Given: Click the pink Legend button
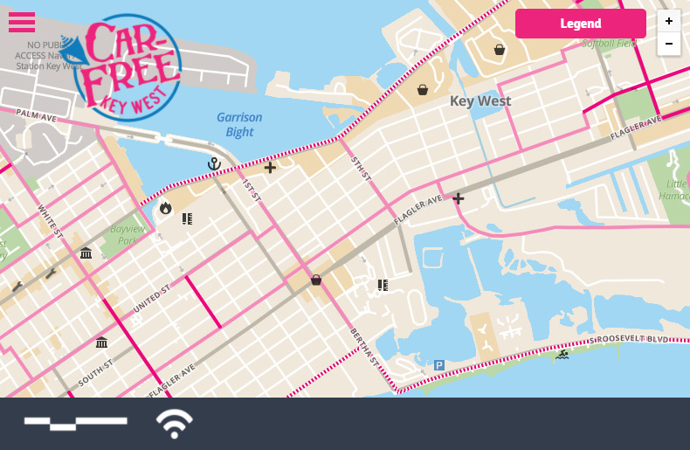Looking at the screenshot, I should (580, 24).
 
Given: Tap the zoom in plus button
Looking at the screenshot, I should (669, 21).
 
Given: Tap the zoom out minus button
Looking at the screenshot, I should (669, 44).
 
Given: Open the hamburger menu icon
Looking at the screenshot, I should (22, 23).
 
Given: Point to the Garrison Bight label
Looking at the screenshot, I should (239, 124).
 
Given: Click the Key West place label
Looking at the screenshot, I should (480, 101).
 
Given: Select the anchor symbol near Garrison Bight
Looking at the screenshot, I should (214, 163).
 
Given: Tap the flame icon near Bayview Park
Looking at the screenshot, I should (166, 208).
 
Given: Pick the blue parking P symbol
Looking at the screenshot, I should (439, 365).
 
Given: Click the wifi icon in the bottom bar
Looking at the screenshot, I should (175, 424).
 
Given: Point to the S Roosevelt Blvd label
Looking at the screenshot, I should (629, 338).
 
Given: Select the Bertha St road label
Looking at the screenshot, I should (362, 344).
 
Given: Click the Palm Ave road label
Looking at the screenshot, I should (36, 115).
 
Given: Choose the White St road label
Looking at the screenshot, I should (51, 221).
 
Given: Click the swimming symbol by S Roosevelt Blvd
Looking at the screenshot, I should (562, 355).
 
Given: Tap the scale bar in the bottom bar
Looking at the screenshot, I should (75, 424).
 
